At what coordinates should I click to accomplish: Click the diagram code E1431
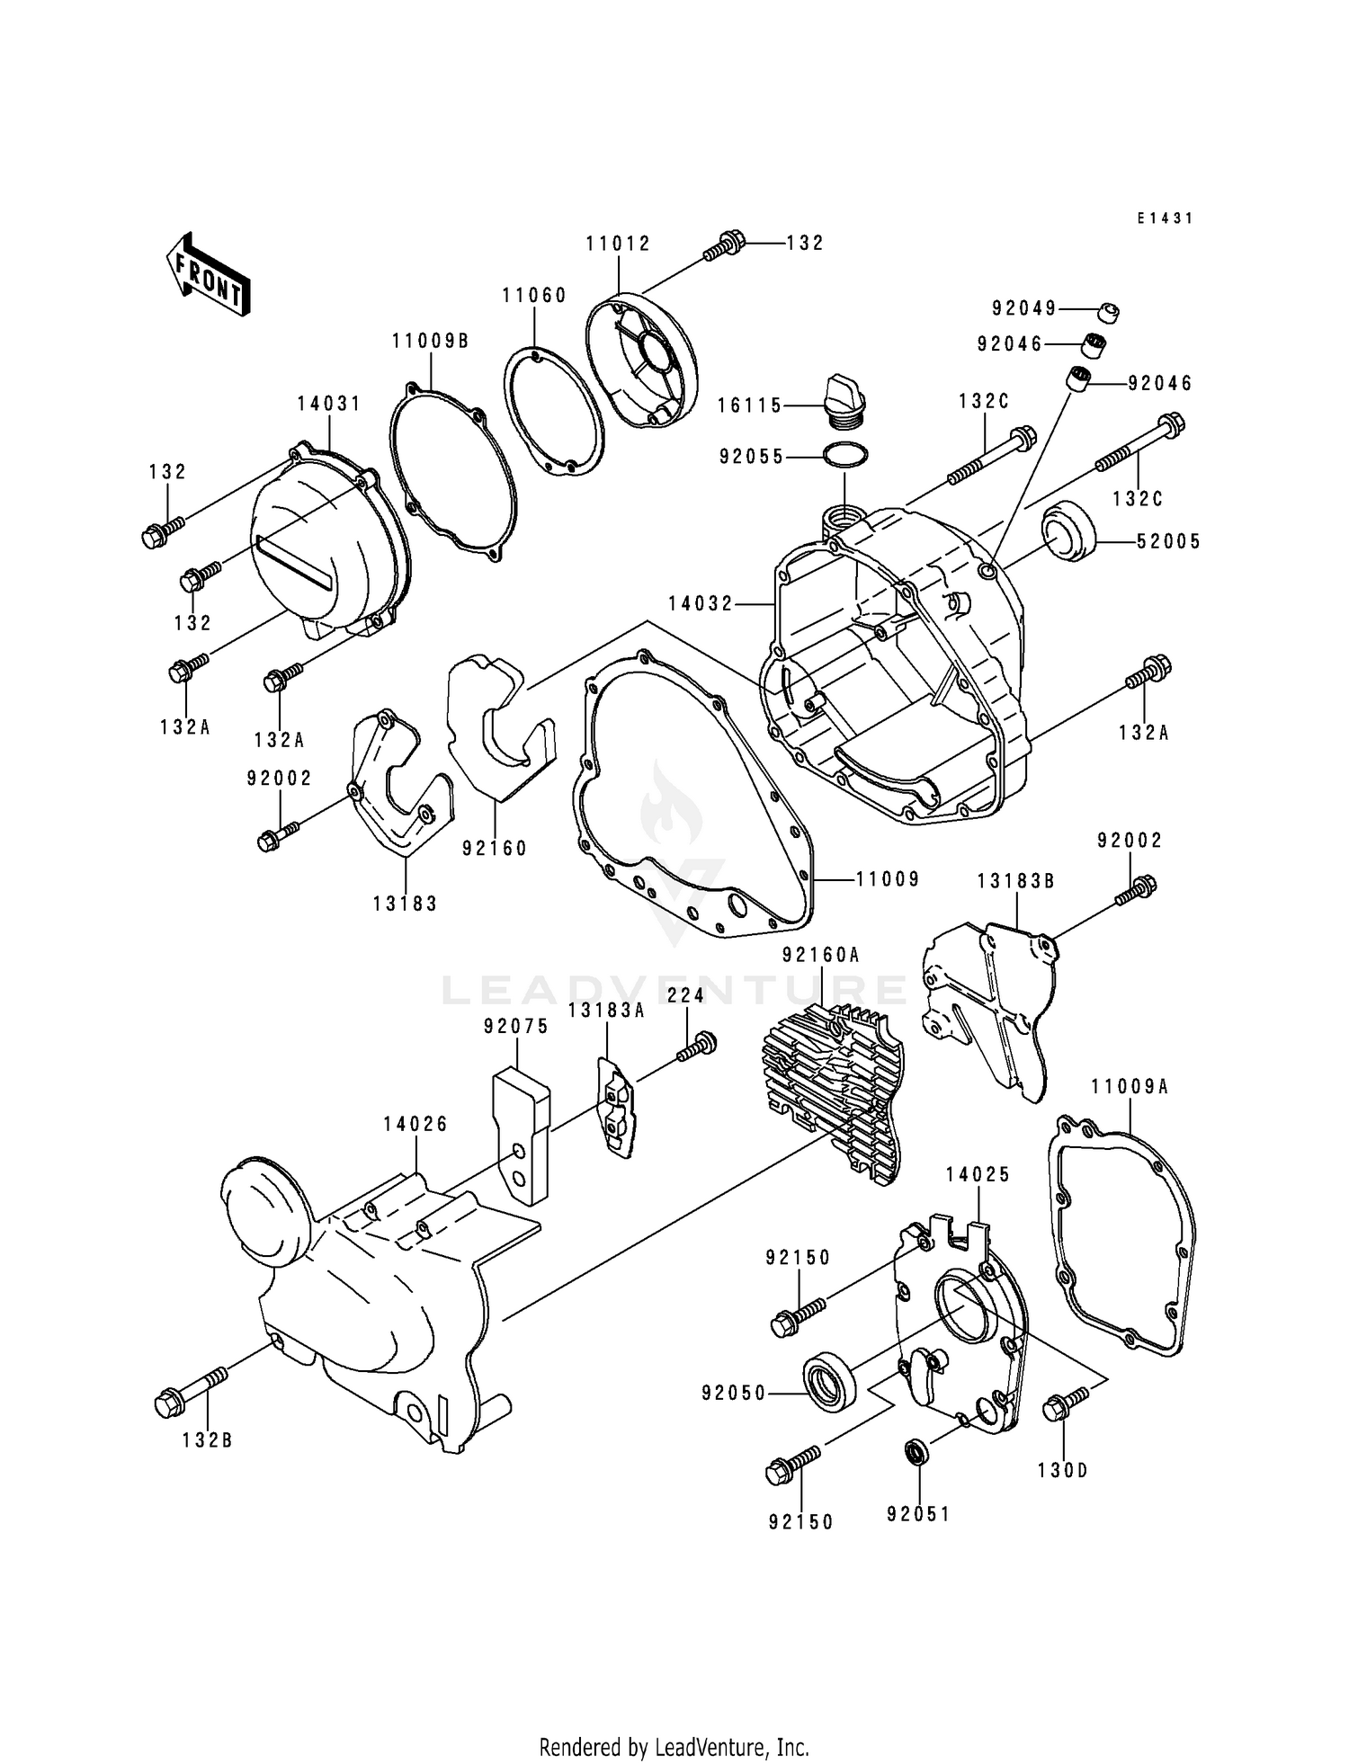(x=1164, y=218)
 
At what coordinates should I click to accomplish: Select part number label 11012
(x=618, y=244)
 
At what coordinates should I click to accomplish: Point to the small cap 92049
(x=1109, y=312)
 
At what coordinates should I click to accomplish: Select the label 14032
(x=701, y=604)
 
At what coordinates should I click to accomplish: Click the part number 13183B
(x=1015, y=882)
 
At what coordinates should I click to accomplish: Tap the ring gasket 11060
(x=550, y=409)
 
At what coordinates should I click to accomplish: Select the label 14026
(x=415, y=1124)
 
